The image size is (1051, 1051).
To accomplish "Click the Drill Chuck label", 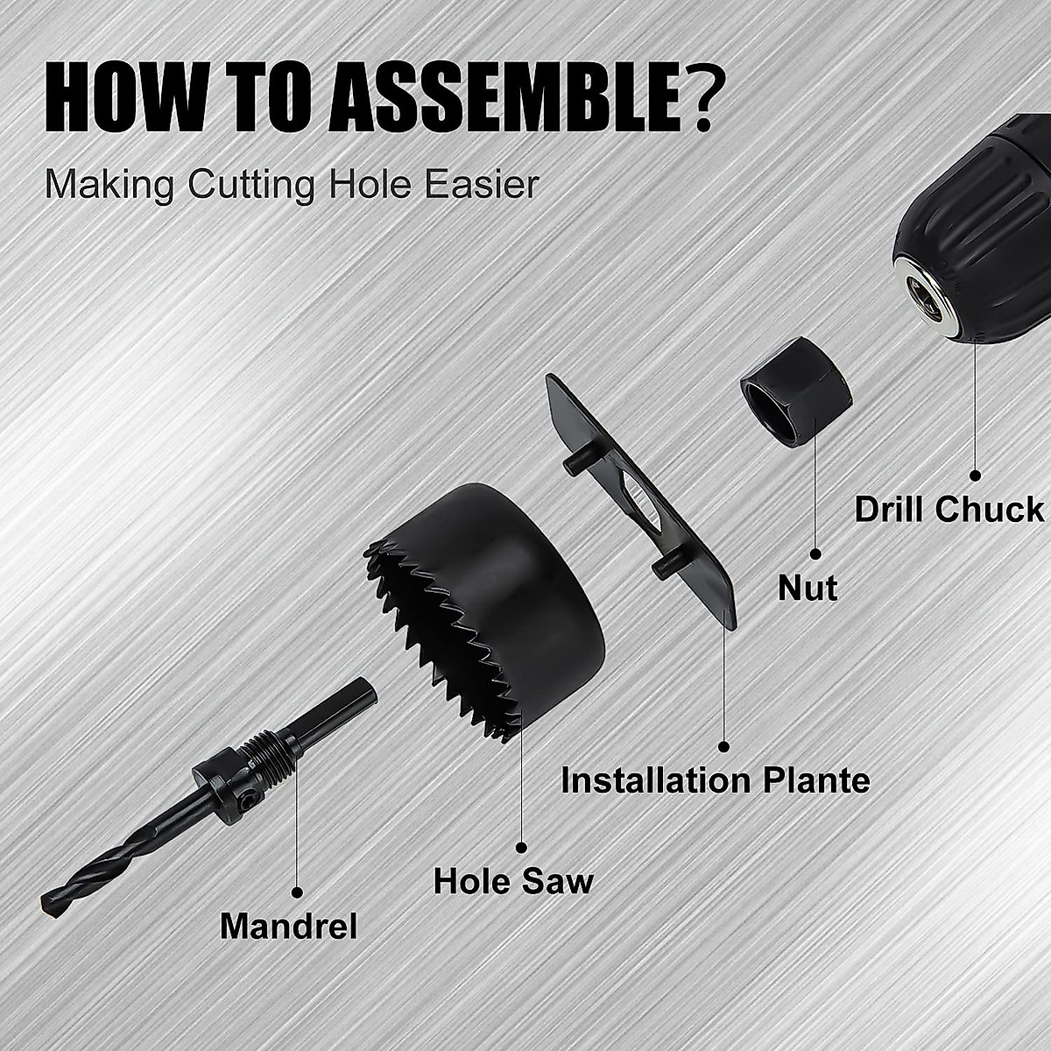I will pyautogui.click(x=949, y=510).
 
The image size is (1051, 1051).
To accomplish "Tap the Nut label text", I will pyautogui.click(x=808, y=588).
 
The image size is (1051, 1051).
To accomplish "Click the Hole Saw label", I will pyautogui.click(x=513, y=880).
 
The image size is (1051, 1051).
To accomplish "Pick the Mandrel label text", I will pyautogui.click(x=289, y=926).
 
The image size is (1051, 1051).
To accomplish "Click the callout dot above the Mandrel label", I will pyautogui.click(x=297, y=891).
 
